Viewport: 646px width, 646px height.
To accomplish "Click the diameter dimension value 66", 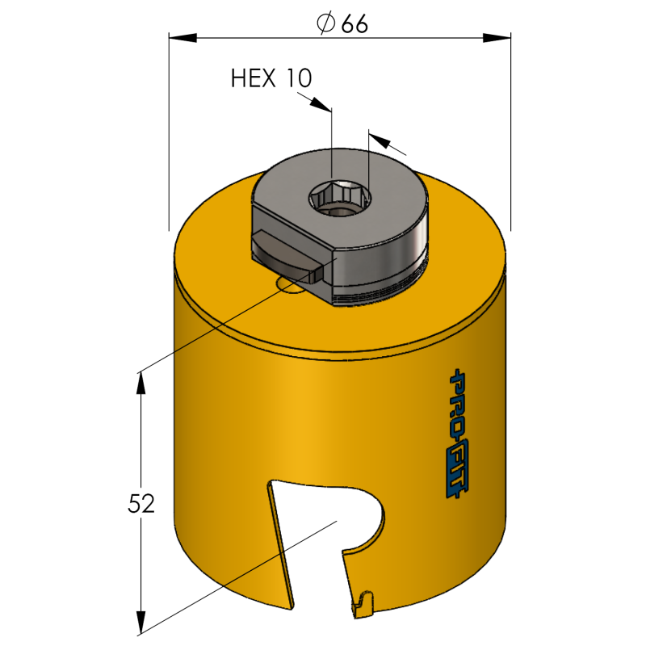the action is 354,24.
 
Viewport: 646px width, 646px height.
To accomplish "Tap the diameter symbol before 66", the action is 326,23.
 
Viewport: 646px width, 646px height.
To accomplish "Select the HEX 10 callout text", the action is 271,78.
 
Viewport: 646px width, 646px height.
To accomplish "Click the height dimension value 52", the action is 141,503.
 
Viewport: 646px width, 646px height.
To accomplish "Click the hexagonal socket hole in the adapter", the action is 339,199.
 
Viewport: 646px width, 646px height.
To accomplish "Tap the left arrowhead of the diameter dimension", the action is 183,38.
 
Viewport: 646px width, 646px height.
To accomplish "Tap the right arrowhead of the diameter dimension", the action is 497,38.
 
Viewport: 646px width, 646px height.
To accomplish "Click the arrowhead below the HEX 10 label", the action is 321,104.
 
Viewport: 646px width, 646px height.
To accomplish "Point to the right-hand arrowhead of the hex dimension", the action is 380,141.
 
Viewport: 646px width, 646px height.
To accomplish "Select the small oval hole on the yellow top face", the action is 291,285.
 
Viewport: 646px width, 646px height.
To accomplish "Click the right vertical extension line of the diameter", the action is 511,132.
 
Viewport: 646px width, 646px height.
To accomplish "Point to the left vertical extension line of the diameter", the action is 169,132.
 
